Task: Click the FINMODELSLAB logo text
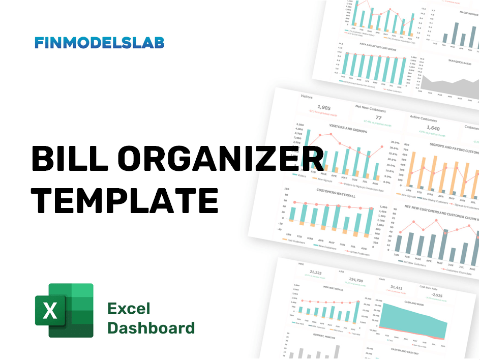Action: [99, 43]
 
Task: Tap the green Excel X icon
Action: [64, 310]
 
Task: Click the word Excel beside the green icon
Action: [129, 309]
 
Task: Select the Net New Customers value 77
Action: [378, 118]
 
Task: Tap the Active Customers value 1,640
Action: [433, 129]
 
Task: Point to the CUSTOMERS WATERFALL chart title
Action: [334, 192]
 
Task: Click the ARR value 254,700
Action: [357, 280]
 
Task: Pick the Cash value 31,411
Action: [396, 288]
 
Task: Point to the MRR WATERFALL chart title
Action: [333, 289]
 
